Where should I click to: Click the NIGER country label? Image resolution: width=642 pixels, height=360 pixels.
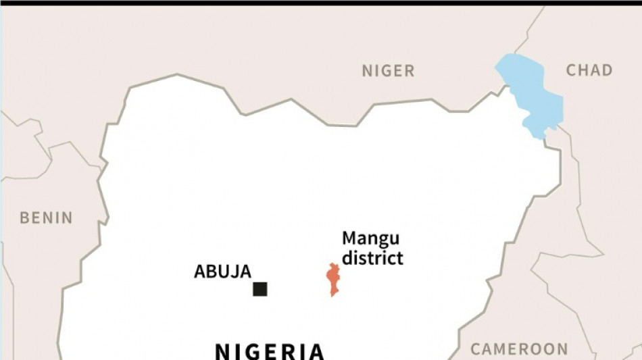click(388, 71)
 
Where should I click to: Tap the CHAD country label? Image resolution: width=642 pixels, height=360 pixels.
click(589, 70)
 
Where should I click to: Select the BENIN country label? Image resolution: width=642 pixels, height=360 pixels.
click(46, 217)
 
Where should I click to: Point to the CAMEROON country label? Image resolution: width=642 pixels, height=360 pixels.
click(519, 349)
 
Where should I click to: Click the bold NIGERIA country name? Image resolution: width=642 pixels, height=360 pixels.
click(270, 351)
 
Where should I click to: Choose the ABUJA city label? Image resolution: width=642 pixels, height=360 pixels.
click(222, 272)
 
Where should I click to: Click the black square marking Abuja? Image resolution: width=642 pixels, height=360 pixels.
click(260, 289)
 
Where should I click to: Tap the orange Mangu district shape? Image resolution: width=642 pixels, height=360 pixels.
click(332, 278)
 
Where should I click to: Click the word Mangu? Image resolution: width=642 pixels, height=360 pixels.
click(370, 238)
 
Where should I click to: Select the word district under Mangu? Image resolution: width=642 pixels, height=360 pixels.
click(372, 257)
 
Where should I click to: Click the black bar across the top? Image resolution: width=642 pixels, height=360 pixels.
click(321, 3)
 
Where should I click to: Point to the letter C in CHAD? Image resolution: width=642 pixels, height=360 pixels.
click(571, 70)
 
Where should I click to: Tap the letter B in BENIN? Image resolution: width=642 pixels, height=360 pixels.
click(24, 217)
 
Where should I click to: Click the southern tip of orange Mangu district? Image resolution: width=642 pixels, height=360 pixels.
click(332, 294)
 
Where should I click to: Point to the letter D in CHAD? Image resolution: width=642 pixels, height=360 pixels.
click(607, 70)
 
